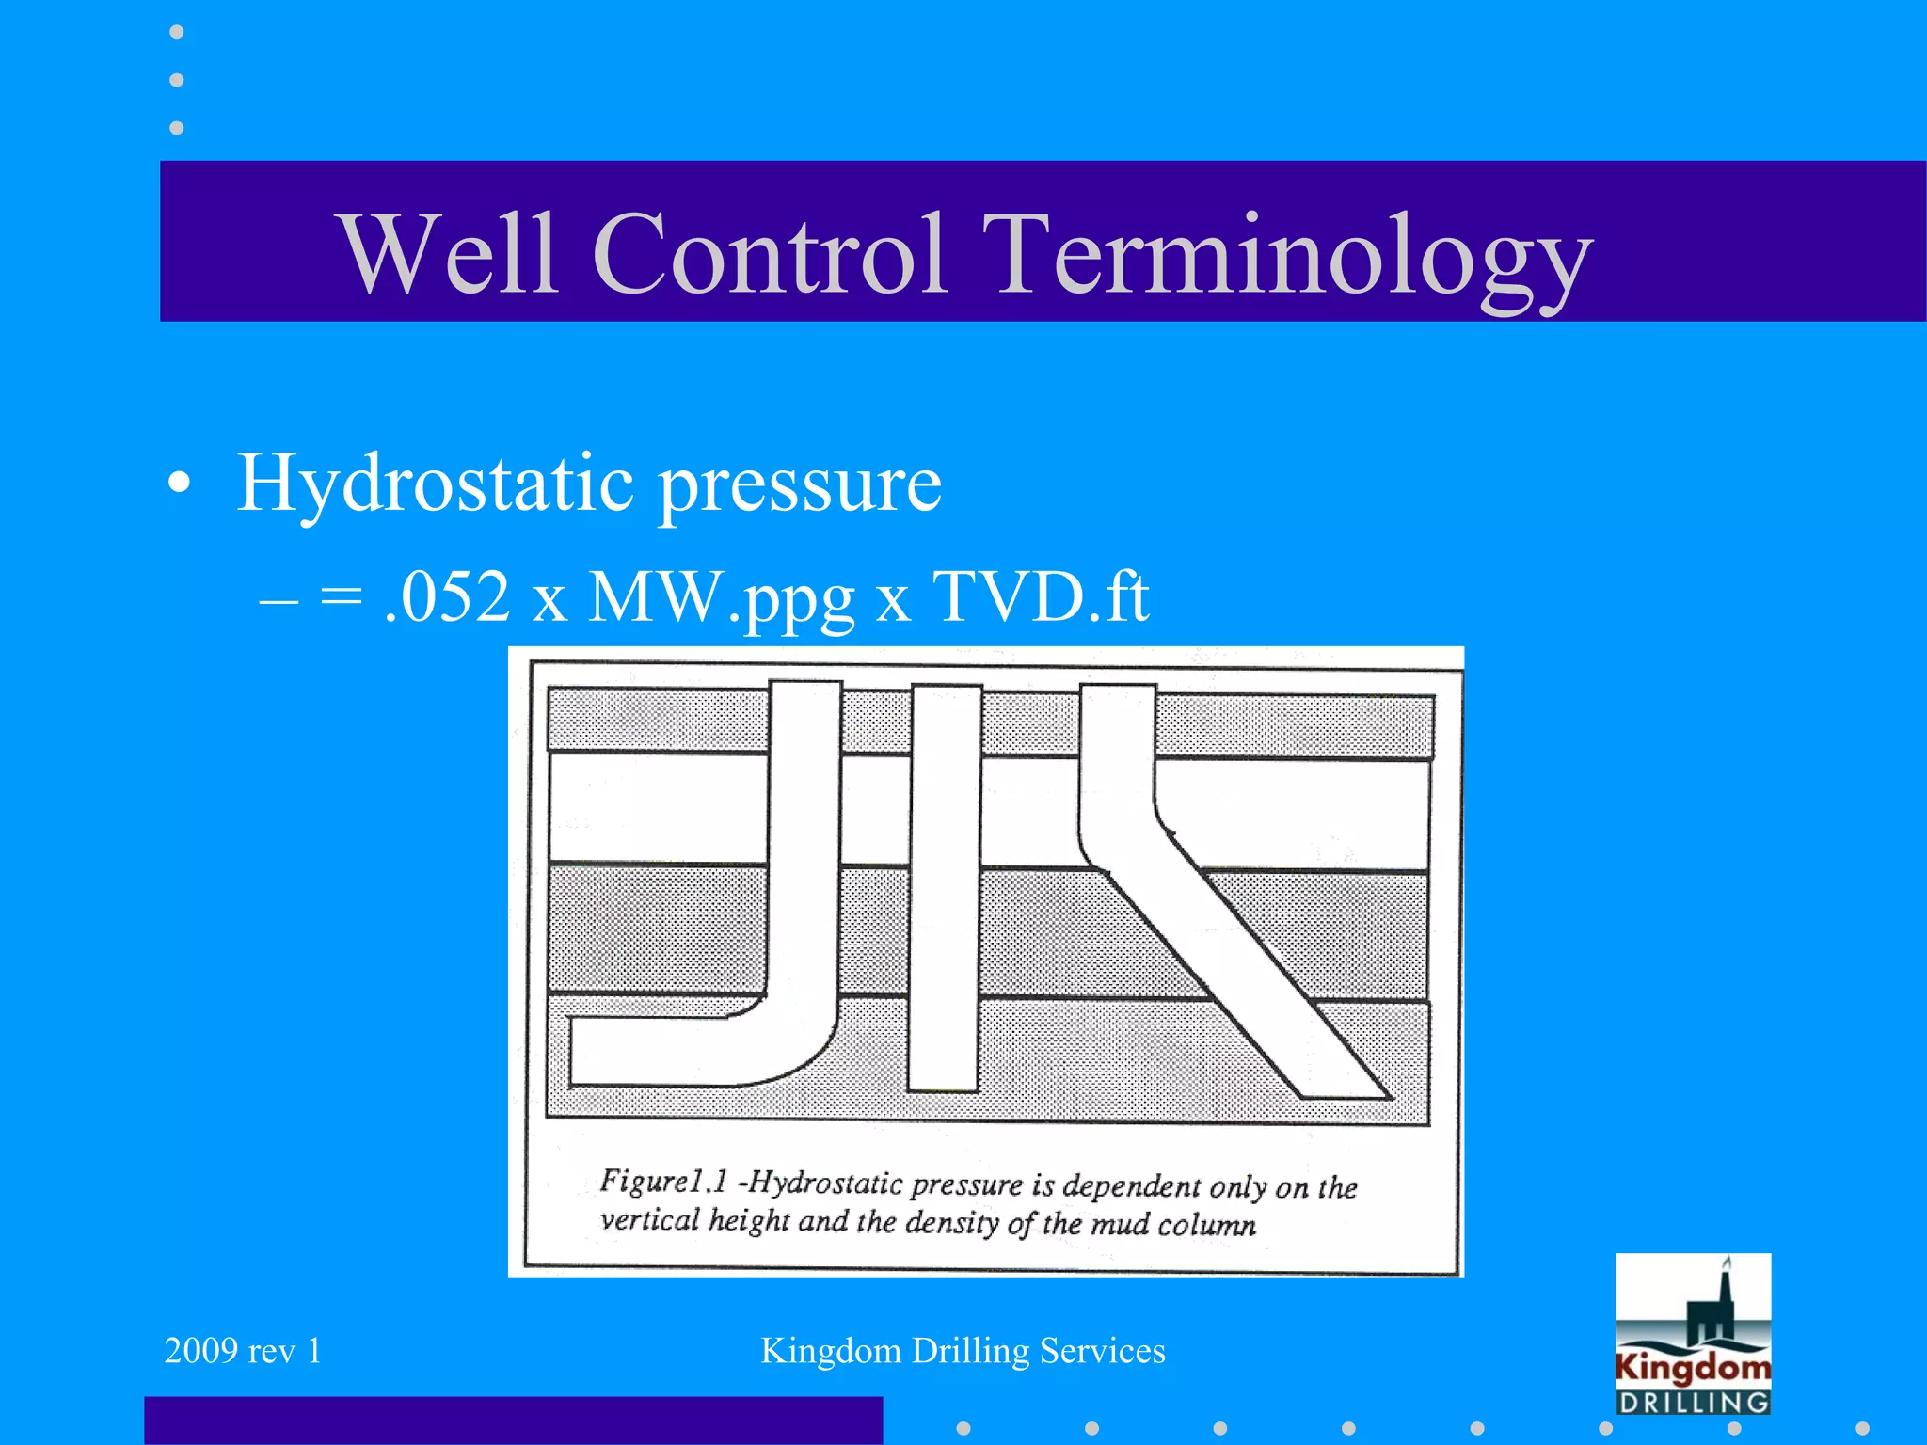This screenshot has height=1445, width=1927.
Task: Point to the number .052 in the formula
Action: coord(448,596)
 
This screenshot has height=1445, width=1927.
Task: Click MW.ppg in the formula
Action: coord(721,598)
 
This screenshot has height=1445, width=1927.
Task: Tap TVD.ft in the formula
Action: coord(1040,596)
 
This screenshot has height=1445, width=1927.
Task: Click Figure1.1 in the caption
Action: coord(663,1181)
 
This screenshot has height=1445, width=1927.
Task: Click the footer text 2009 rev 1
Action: coord(243,1351)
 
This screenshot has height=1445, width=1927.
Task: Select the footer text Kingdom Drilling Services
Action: coord(963,1351)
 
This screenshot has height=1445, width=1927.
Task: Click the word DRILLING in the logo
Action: coord(1693,1403)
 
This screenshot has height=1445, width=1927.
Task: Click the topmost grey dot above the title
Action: coord(176,32)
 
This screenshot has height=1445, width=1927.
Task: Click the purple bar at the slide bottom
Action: coord(513,1420)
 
